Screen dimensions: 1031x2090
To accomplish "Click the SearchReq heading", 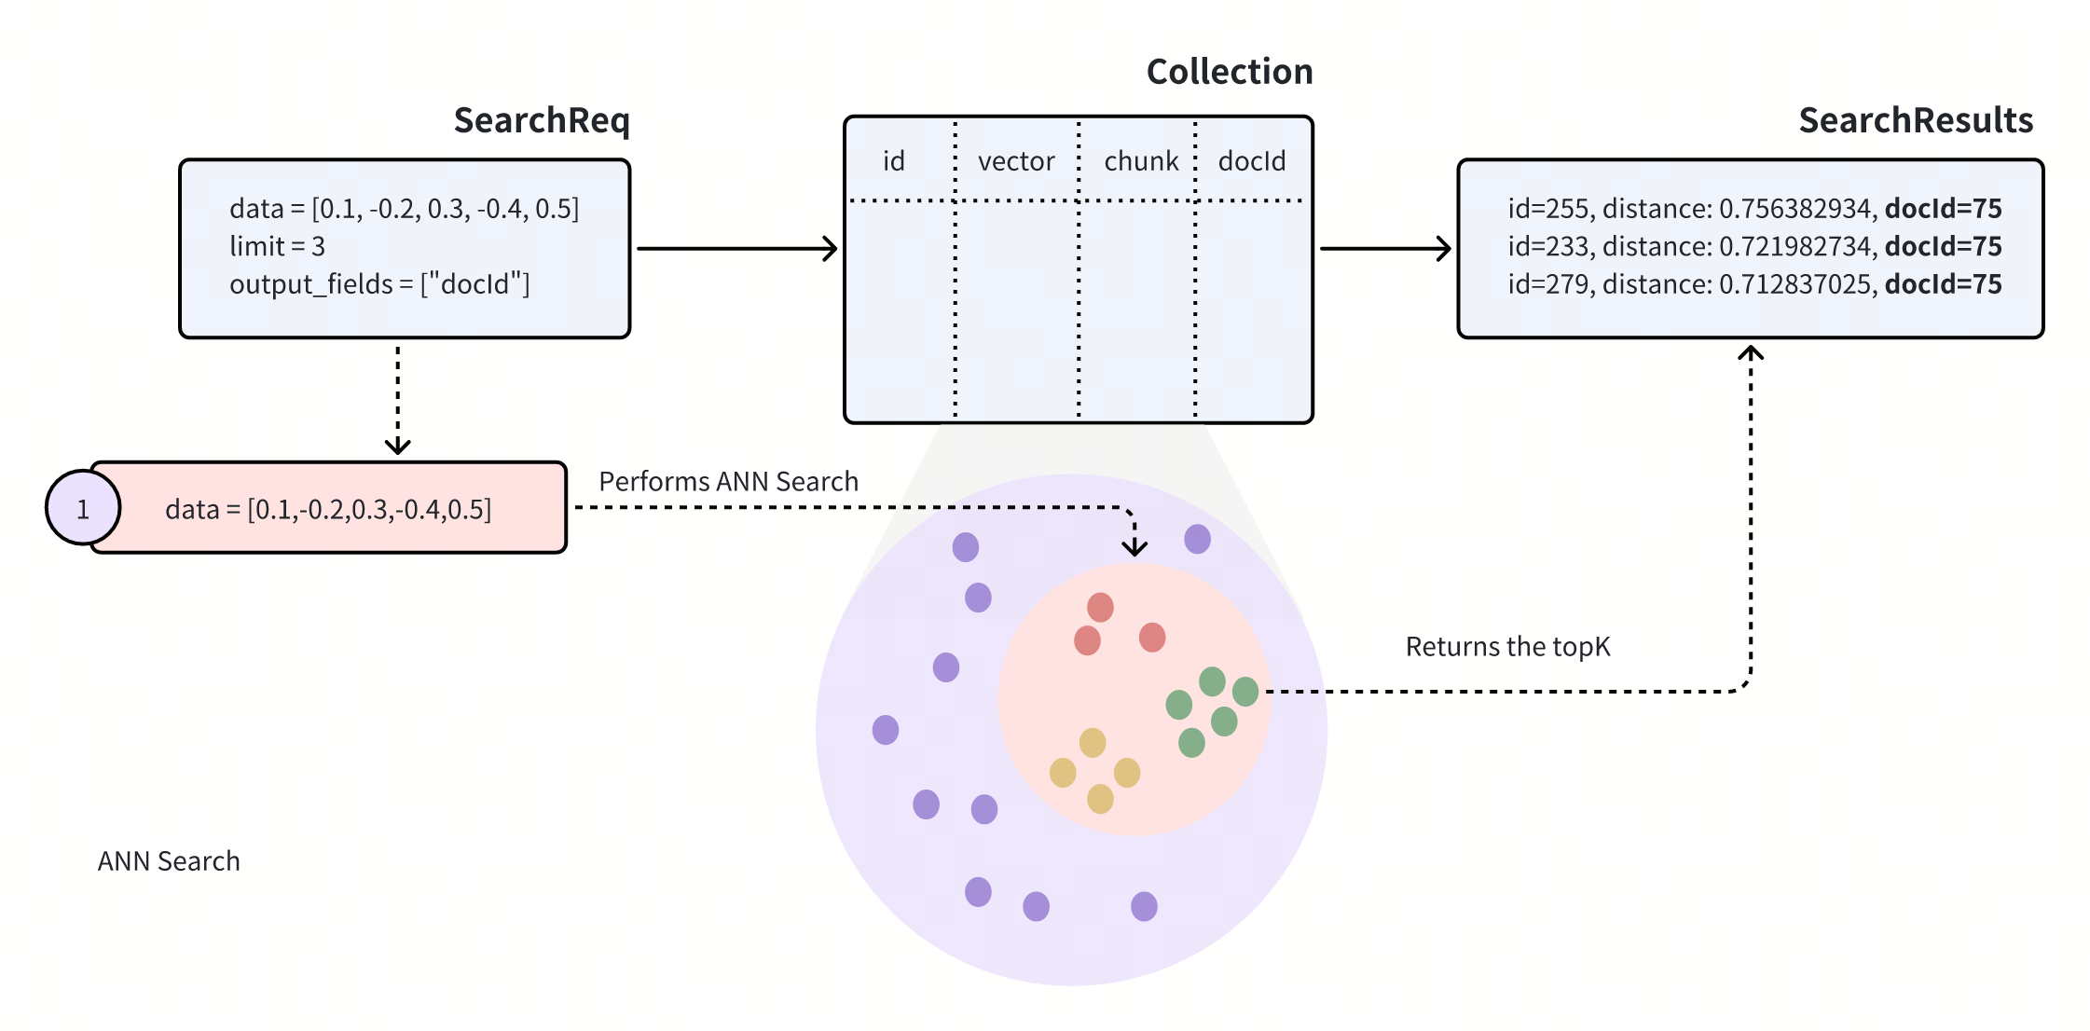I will [x=542, y=121].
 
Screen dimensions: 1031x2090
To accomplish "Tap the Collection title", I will [x=1229, y=73].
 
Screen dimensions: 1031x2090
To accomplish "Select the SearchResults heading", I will [x=1915, y=121].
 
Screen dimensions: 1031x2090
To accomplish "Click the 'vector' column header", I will [x=1016, y=162].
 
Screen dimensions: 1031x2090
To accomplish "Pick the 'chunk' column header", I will [x=1141, y=162].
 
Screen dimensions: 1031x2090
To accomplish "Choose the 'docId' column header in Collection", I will [x=1251, y=162].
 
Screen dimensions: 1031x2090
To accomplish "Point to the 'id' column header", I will [x=894, y=162].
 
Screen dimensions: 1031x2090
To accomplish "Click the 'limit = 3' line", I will [x=277, y=247].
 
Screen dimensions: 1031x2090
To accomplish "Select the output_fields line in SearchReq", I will [x=379, y=284].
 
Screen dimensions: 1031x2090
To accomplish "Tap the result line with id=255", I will [x=1753, y=209].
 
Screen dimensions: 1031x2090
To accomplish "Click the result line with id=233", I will [x=1753, y=247].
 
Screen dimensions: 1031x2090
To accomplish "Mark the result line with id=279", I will [x=1753, y=284].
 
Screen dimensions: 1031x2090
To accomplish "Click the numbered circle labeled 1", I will [x=83, y=509].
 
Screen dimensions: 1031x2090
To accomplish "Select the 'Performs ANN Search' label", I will [x=728, y=482].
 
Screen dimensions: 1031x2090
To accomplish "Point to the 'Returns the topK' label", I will [x=1507, y=647].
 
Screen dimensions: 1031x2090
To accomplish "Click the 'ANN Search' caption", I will [x=169, y=861].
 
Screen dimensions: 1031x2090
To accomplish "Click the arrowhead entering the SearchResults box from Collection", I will [x=1444, y=249].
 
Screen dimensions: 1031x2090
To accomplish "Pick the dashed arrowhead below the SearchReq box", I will [x=398, y=447].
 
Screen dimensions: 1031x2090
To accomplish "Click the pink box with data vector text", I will [x=328, y=509].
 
